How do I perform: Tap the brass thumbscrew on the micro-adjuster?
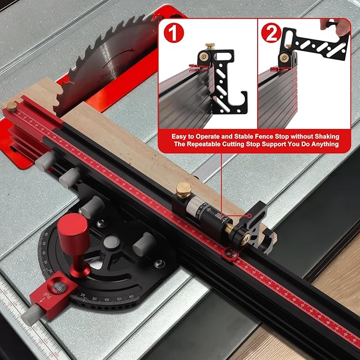pyautogui.click(x=184, y=190)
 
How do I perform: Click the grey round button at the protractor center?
pyautogui.click(x=111, y=243)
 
